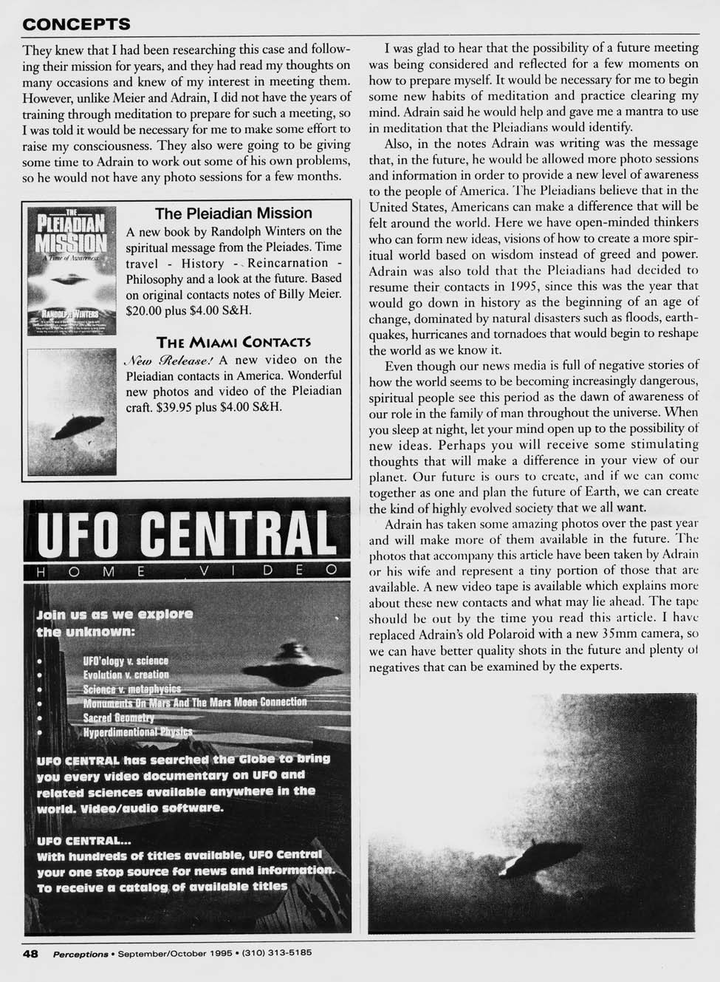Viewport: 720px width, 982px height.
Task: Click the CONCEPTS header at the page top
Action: coord(77,24)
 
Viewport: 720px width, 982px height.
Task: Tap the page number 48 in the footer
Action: coord(30,953)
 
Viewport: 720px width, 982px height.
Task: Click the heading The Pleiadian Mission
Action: coord(233,214)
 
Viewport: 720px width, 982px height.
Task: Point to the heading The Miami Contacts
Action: coord(233,342)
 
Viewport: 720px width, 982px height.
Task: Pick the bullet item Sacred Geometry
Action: coord(118,717)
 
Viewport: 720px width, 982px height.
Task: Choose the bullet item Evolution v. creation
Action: coord(126,675)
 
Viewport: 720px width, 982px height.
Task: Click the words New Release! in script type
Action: coord(169,361)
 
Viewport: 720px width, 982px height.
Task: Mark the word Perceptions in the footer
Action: coord(80,953)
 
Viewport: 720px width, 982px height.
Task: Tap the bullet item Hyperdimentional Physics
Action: coord(137,732)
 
